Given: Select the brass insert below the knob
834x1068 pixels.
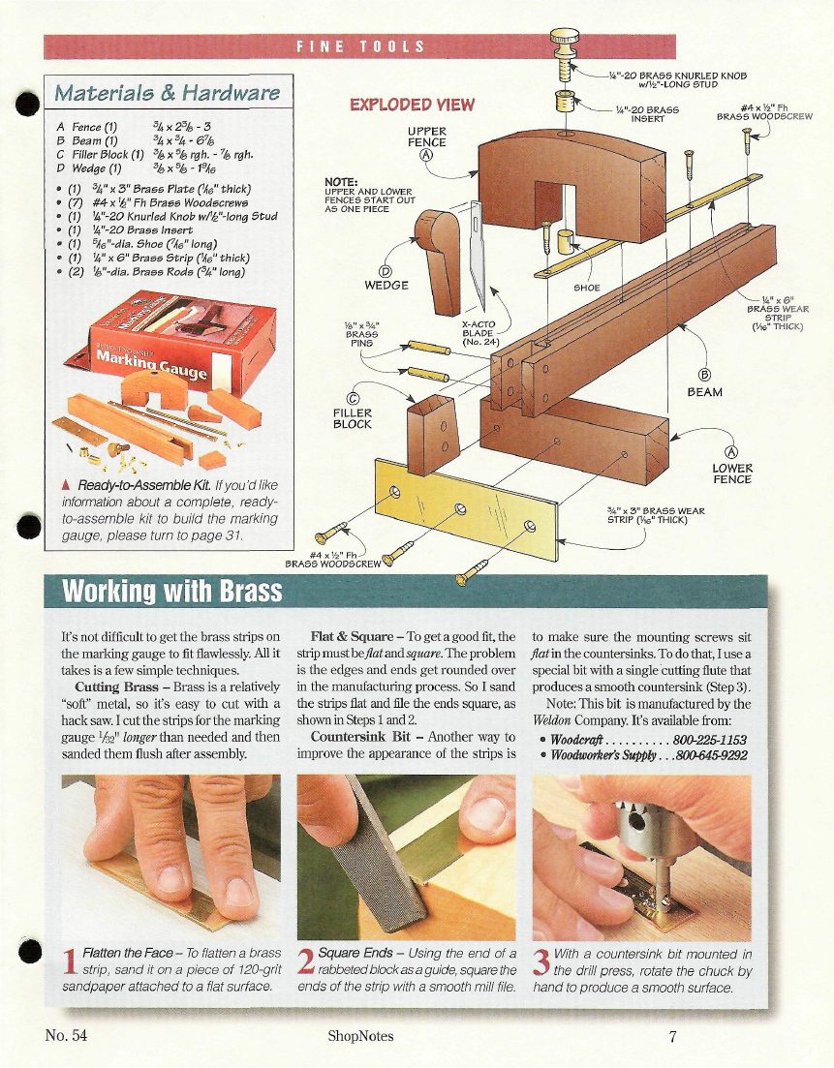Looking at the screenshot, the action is tap(565, 102).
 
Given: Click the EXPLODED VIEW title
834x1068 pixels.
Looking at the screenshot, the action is tap(412, 105).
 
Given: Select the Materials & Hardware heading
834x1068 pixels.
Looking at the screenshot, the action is tap(167, 93).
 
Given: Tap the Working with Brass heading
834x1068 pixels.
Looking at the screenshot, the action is tap(171, 591).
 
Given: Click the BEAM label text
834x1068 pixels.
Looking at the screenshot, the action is tap(704, 392).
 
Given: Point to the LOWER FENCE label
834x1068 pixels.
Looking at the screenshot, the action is tap(732, 473).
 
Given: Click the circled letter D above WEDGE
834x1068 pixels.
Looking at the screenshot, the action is tap(386, 272).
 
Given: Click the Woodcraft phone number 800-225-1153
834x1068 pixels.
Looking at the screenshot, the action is tap(709, 740).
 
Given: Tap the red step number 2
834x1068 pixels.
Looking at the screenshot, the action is tap(307, 961).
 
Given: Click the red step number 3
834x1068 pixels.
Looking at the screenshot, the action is tap(541, 961).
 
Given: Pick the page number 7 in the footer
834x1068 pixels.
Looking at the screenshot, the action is tap(672, 1037).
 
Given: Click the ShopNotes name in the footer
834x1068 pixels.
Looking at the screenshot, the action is tap(360, 1037).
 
